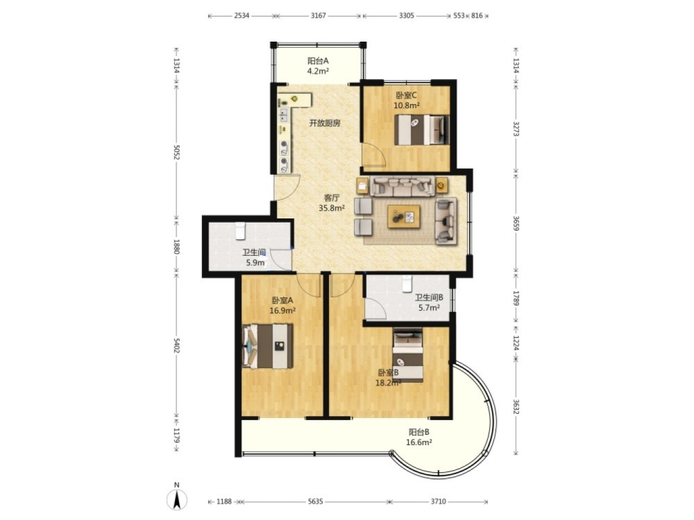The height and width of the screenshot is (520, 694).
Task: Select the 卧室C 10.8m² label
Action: coord(406,101)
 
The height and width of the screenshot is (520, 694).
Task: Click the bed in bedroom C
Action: coord(422,130)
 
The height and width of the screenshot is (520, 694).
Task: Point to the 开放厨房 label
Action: coord(325,123)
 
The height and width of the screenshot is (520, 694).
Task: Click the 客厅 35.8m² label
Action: coord(332,203)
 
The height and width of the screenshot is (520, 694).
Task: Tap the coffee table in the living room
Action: coord(404,216)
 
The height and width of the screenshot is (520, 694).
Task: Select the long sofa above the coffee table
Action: coord(403,186)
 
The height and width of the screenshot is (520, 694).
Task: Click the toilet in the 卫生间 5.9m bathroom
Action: coord(240,230)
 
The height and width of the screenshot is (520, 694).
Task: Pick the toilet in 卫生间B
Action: coord(407,284)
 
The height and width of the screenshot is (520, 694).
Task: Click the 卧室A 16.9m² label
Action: coord(282,305)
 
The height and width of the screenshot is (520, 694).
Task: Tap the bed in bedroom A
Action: coord(267,346)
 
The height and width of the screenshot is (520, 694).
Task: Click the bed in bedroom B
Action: coord(407,354)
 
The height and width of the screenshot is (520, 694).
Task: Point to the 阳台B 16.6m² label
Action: coord(419,437)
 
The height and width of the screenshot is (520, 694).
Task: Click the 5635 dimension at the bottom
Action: coord(315,501)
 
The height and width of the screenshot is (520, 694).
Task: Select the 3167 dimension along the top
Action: coord(318,15)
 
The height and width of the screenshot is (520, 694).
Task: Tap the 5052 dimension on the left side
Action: coord(176,153)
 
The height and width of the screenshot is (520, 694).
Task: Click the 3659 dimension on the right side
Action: coord(516,223)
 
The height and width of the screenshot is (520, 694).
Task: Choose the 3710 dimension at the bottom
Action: coord(438,501)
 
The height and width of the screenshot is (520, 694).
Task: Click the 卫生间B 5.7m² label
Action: coord(429,302)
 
